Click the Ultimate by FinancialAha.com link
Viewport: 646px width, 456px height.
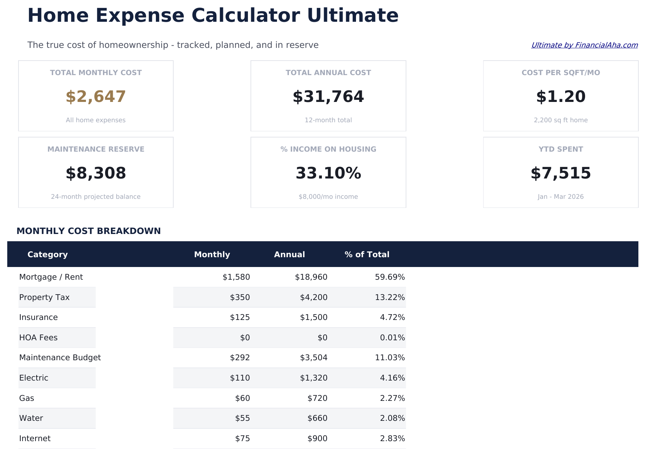584,45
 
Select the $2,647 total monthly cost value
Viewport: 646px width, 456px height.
96,97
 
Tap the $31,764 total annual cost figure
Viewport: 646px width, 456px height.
328,97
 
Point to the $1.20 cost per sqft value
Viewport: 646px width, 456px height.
560,97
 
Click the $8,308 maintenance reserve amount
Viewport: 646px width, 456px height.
96,173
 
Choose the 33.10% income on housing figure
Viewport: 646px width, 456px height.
328,173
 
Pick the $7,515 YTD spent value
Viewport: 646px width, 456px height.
560,173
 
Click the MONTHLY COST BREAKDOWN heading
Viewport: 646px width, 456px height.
88,231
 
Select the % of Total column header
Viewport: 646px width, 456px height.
367,255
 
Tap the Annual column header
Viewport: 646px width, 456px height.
289,255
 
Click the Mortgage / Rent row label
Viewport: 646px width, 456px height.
51,277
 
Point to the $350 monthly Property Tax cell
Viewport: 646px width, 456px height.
240,297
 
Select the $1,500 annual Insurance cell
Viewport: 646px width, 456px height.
314,317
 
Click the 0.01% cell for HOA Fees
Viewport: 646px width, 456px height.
392,338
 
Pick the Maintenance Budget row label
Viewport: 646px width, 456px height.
60,358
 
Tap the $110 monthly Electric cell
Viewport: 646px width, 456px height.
240,378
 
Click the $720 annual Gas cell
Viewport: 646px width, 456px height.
317,398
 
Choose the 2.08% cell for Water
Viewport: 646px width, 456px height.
392,418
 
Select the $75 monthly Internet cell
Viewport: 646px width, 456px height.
242,439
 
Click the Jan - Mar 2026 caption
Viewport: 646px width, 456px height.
560,197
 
